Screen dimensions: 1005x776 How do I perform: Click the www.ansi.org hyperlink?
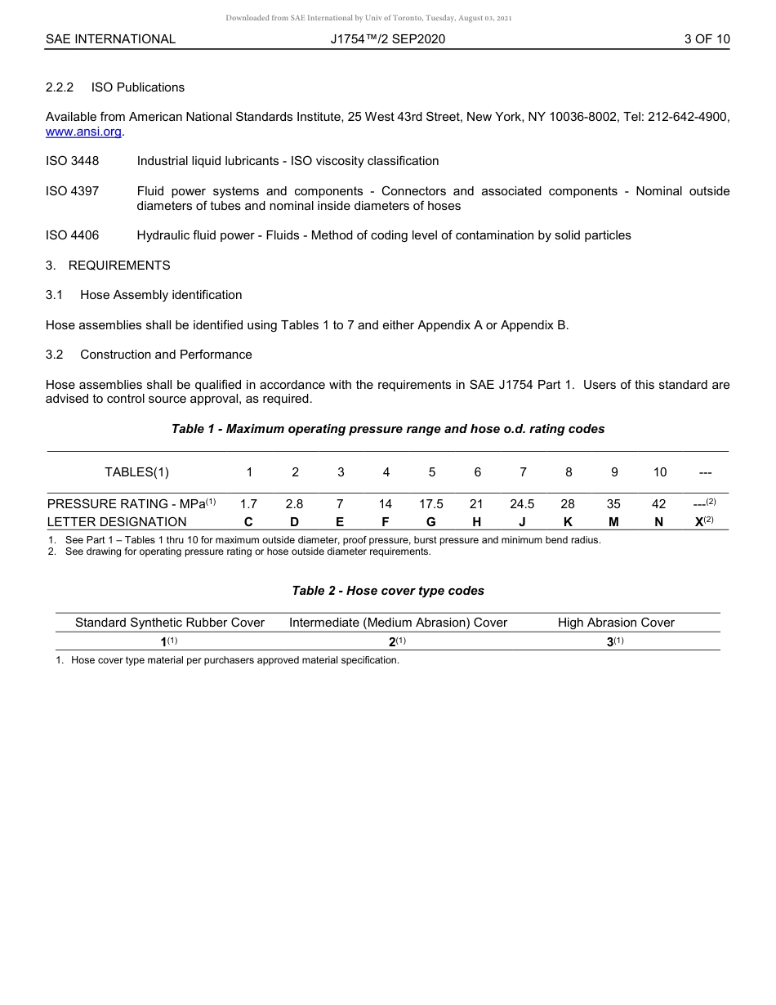click(x=83, y=132)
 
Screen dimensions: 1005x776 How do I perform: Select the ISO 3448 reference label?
click(x=72, y=161)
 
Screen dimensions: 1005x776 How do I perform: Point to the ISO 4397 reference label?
click(x=72, y=191)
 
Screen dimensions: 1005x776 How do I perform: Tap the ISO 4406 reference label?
click(x=72, y=235)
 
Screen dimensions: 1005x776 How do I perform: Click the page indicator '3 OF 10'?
click(x=707, y=38)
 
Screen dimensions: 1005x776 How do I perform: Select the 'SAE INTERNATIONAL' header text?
click(x=110, y=38)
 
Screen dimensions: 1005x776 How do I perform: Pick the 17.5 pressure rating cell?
click(x=431, y=504)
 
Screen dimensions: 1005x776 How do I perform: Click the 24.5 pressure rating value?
click(x=522, y=504)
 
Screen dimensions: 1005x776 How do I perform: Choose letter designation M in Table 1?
click(x=613, y=521)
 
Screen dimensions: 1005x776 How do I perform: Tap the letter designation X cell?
click(x=700, y=521)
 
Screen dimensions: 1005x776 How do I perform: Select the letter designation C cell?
click(x=249, y=521)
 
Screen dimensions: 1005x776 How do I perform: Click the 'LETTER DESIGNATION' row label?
click(x=117, y=521)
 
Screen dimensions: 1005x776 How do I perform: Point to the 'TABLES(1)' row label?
click(x=136, y=471)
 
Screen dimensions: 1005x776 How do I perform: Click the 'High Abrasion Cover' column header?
click(x=616, y=623)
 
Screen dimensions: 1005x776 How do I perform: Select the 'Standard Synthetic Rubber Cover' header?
click(x=170, y=623)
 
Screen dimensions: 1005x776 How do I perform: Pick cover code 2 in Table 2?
click(x=393, y=641)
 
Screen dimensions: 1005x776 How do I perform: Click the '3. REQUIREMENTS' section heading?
click(x=108, y=266)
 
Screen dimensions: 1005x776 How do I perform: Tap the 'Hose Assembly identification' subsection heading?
click(x=161, y=295)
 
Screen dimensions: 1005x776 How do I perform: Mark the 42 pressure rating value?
click(x=659, y=504)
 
